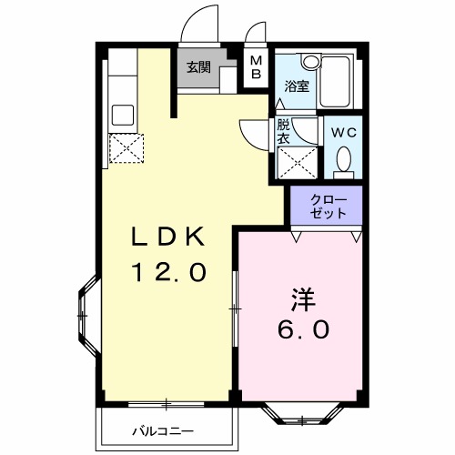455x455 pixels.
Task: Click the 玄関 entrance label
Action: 198,66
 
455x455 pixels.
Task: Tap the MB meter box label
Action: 256,66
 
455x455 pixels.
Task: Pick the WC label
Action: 343,132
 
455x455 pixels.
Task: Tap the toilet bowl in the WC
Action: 344,161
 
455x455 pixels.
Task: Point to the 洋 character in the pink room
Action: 303,298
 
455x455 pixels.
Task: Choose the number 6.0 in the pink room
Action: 303,329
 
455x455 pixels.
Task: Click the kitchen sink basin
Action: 123,116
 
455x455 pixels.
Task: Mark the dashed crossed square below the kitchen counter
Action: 123,148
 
